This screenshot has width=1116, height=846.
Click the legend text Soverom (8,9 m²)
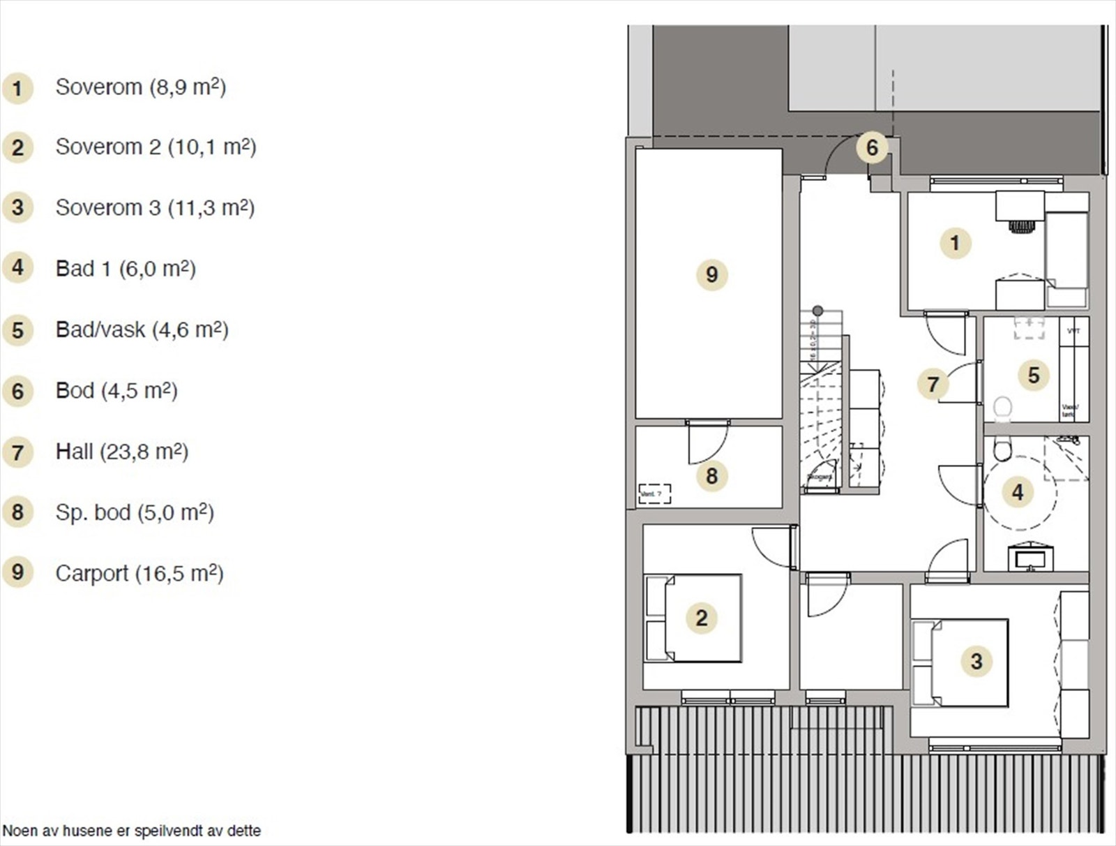click(140, 87)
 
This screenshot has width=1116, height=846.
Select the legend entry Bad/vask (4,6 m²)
click(142, 329)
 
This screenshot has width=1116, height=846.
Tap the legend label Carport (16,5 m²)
click(139, 573)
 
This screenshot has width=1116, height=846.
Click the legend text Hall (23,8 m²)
click(121, 452)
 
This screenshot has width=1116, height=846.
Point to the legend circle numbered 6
click(17, 391)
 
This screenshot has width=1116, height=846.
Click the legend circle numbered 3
click(17, 208)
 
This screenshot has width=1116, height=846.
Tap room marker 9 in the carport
click(711, 274)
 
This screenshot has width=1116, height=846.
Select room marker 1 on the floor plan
click(955, 243)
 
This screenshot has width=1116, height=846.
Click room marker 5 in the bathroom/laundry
click(1034, 376)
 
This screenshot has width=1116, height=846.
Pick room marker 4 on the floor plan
click(1018, 492)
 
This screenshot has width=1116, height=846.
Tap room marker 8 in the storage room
click(711, 476)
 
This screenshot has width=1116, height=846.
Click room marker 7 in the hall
click(933, 384)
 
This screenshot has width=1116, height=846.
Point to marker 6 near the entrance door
click(872, 148)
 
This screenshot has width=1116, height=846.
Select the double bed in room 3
click(960, 662)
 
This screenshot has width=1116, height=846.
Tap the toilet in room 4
click(1002, 449)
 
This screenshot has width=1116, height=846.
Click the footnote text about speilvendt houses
click(132, 831)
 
